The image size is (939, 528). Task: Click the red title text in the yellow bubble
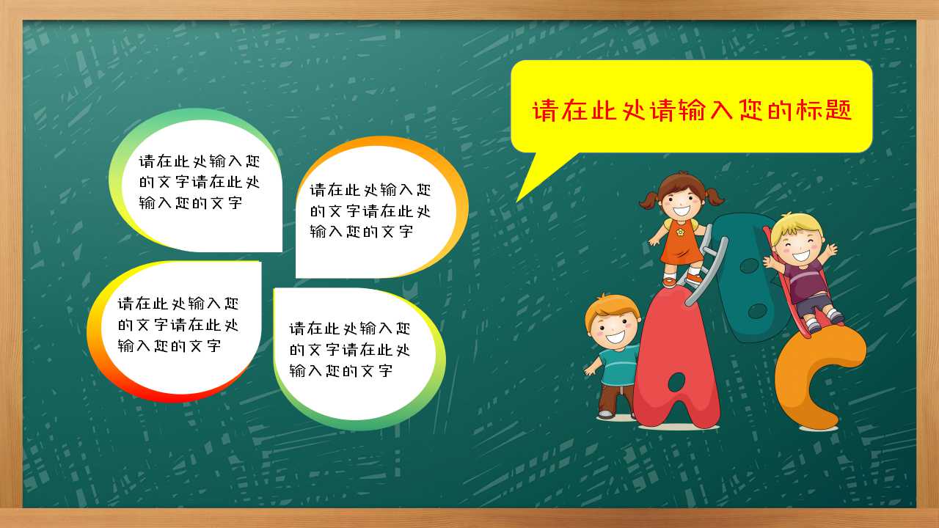tap(692, 110)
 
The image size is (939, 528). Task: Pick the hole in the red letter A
tap(676, 381)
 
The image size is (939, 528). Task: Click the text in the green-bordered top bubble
tap(199, 182)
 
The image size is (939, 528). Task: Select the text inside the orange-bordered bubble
tap(370, 210)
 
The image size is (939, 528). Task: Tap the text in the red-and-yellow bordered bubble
tap(178, 325)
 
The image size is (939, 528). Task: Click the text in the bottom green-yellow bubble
tap(349, 350)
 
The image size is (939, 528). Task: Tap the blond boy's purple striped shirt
tap(807, 281)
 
